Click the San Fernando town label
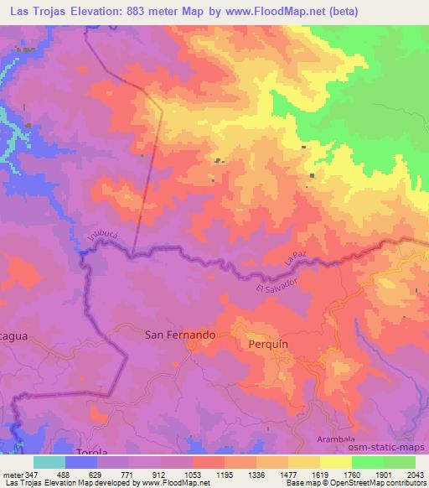tap(181, 334)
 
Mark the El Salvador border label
tap(277, 290)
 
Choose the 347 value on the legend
tap(34, 474)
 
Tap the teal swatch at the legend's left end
tap(49, 462)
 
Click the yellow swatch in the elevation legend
tap(336, 462)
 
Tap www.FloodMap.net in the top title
tap(282, 13)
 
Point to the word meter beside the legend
tap(12, 474)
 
